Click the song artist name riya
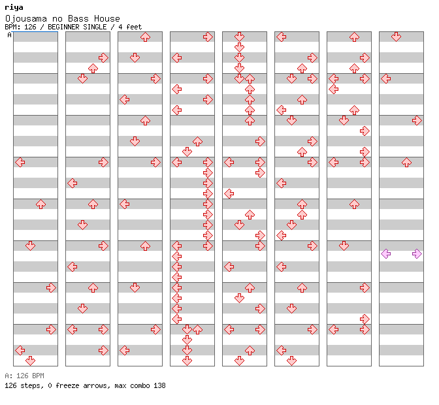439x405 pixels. [x=13, y=7]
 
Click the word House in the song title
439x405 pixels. [x=105, y=19]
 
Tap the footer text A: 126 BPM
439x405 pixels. [x=24, y=376]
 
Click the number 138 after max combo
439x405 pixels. [x=159, y=385]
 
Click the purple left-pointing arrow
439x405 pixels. [x=386, y=253]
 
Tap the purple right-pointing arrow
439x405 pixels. [x=417, y=253]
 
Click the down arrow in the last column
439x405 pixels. [x=397, y=37]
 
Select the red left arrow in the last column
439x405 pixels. [x=386, y=78]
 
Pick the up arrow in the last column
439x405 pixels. [x=406, y=162]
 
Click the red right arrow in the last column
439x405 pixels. [x=417, y=120]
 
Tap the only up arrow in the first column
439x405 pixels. [x=41, y=204]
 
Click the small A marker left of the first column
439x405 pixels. [x=9, y=35]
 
